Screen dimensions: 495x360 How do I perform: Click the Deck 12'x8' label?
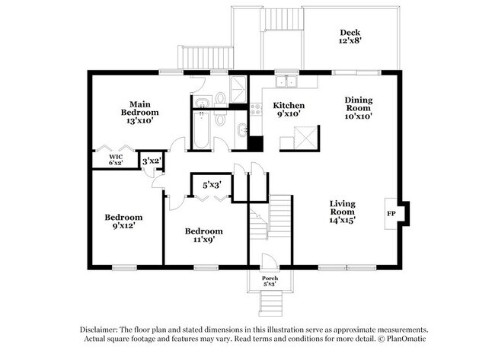pyautogui.click(x=350, y=37)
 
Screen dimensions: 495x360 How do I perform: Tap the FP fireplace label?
pyautogui.click(x=391, y=214)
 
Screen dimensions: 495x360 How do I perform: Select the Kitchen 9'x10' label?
pyautogui.click(x=289, y=109)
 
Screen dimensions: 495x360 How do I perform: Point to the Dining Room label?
pyautogui.click(x=359, y=104)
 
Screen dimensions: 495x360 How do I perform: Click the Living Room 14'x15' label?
pyautogui.click(x=343, y=212)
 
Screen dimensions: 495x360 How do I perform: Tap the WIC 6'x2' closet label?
pyautogui.click(x=116, y=160)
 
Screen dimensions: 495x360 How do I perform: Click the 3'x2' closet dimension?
pyautogui.click(x=152, y=161)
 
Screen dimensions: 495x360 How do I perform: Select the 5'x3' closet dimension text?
pyautogui.click(x=212, y=185)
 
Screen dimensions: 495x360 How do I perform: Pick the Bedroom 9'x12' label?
pyautogui.click(x=123, y=221)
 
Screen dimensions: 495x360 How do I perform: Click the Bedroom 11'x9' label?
pyautogui.click(x=203, y=235)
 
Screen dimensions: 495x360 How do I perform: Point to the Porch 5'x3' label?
pyautogui.click(x=270, y=281)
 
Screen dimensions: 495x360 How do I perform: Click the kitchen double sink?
pyautogui.click(x=286, y=81)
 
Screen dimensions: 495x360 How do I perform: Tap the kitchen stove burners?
pyautogui.click(x=256, y=109)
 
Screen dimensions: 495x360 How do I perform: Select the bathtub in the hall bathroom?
pyautogui.click(x=201, y=129)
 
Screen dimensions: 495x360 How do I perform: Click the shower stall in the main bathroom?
pyautogui.click(x=238, y=89)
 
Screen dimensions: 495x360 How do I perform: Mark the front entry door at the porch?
pyautogui.click(x=270, y=261)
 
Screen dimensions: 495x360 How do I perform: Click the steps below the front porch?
pyautogui.click(x=270, y=303)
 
